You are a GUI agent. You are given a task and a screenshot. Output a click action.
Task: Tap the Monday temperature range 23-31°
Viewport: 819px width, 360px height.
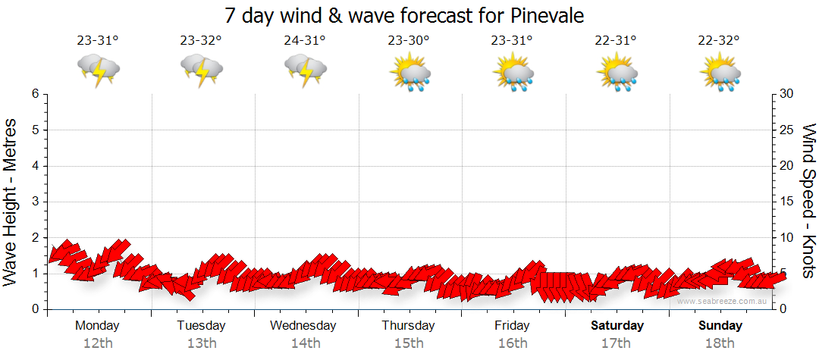point(98,41)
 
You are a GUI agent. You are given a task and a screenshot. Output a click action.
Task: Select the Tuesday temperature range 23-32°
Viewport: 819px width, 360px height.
point(201,41)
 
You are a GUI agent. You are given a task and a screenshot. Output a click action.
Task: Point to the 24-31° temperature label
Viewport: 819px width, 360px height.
point(305,41)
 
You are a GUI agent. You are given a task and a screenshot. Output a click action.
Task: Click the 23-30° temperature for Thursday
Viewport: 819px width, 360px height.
point(409,41)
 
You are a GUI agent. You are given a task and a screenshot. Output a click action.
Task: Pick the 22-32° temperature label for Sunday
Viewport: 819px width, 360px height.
point(720,41)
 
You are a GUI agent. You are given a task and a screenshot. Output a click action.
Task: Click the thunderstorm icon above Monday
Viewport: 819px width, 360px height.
point(99,70)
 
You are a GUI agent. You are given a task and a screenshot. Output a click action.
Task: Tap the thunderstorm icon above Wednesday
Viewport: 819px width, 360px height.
point(306,70)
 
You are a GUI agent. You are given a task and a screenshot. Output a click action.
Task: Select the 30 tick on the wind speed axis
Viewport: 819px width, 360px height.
point(788,94)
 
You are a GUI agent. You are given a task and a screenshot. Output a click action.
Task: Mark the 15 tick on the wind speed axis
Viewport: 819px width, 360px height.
point(788,202)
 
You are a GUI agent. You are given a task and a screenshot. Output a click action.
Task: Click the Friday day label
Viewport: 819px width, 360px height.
point(512,326)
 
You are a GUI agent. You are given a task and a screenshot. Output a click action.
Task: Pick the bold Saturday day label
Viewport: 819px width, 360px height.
point(617,326)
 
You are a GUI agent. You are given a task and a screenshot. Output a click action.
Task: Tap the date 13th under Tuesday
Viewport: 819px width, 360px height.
point(202,343)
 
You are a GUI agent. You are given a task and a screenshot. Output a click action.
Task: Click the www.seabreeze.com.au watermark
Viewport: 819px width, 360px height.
point(723,301)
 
